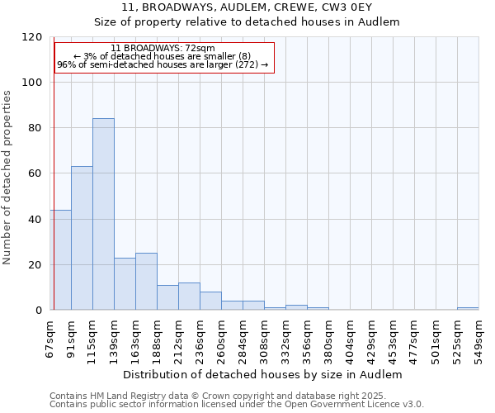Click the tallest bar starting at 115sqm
(x=103, y=214)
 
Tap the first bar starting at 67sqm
(x=60, y=259)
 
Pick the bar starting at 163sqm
(x=146, y=281)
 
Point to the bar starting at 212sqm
(x=189, y=296)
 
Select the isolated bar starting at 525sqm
(x=468, y=308)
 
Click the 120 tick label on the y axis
(x=32, y=37)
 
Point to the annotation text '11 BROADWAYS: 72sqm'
(x=163, y=48)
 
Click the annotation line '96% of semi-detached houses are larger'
(x=163, y=64)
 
